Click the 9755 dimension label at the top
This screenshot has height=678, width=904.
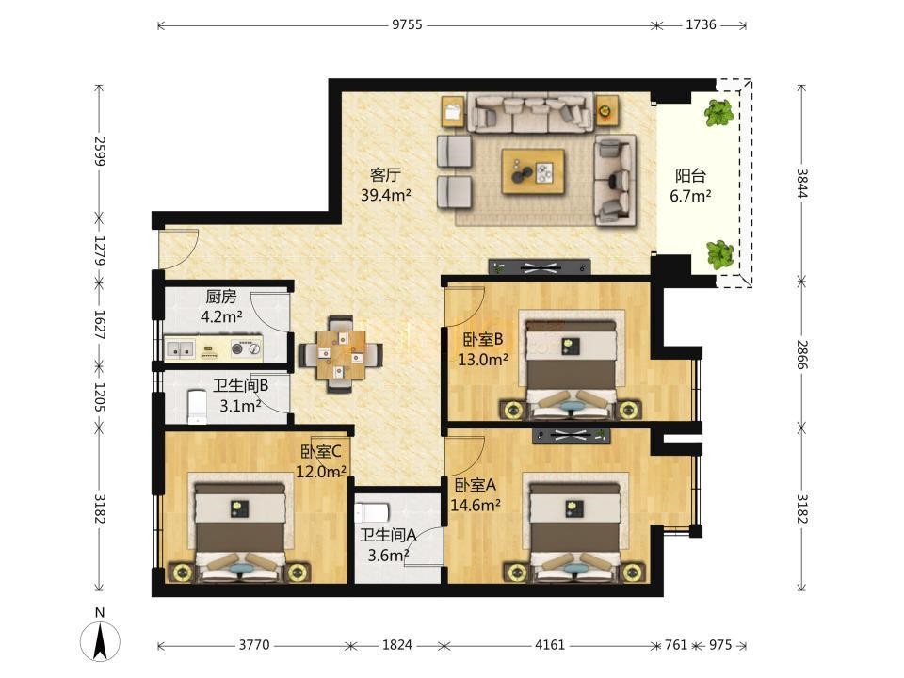click(407, 24)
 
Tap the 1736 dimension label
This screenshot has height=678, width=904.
click(701, 24)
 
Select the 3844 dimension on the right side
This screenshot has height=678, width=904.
click(802, 183)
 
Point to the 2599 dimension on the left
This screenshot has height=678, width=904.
click(100, 151)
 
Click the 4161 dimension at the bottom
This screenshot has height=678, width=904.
click(549, 644)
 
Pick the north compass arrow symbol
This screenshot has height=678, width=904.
click(101, 641)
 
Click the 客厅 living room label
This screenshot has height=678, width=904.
click(385, 174)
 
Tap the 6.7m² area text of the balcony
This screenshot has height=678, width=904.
click(690, 196)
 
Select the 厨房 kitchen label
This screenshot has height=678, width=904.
click(220, 297)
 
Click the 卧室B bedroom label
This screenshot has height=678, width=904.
click(483, 339)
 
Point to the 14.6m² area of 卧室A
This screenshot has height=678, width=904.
click(475, 505)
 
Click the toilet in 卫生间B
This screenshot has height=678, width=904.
click(197, 407)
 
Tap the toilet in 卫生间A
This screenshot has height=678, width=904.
click(372, 512)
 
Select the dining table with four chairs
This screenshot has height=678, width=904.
click(340, 355)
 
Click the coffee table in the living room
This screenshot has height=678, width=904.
click(533, 171)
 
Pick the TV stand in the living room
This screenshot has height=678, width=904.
click(540, 266)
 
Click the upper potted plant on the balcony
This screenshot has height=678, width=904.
click(718, 112)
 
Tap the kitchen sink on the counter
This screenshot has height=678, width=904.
click(180, 348)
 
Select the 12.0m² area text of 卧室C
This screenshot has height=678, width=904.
click(321, 472)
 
